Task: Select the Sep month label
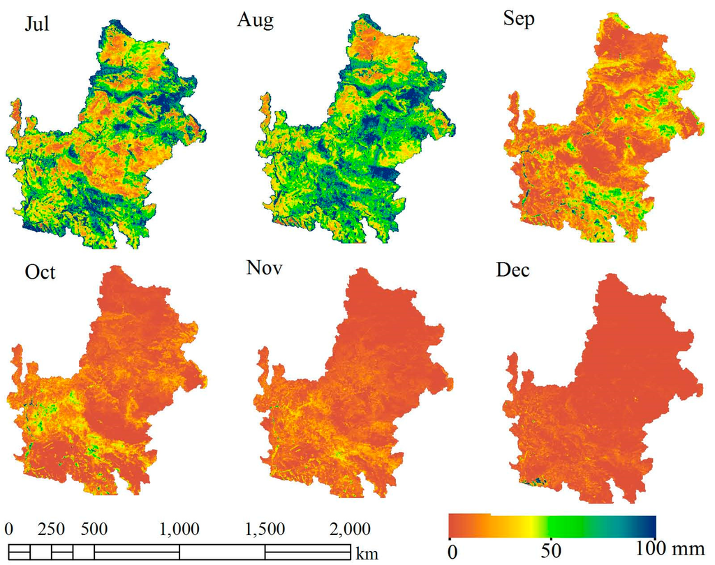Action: pyautogui.click(x=518, y=20)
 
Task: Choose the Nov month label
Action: pyautogui.click(x=264, y=268)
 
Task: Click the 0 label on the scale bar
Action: pyautogui.click(x=9, y=527)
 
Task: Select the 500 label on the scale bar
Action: pyautogui.click(x=93, y=527)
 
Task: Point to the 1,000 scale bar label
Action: pyautogui.click(x=179, y=527)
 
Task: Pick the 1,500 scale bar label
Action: pyautogui.click(x=265, y=527)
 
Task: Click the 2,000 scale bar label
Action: pyautogui.click(x=350, y=527)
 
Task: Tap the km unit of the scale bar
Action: pyautogui.click(x=367, y=555)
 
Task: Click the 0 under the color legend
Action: pyautogui.click(x=452, y=551)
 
